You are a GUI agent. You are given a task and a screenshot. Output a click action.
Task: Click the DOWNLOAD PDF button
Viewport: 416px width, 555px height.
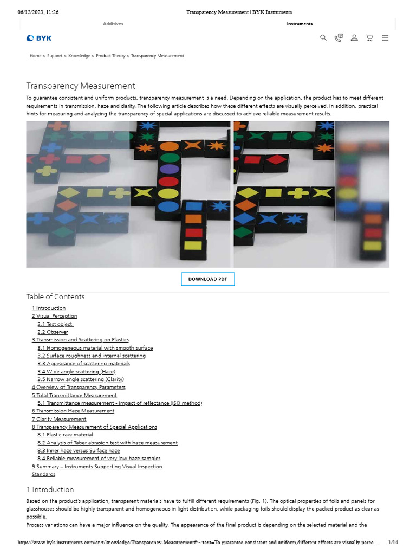tap(207, 279)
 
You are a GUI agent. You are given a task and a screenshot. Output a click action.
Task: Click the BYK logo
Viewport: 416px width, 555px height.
tap(39, 38)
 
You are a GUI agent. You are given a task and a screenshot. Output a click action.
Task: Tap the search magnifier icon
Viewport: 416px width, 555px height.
tap(323, 38)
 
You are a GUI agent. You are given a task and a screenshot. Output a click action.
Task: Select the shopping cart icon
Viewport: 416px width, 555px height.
tap(369, 38)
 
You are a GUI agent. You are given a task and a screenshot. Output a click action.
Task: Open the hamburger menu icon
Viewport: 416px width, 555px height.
tap(385, 38)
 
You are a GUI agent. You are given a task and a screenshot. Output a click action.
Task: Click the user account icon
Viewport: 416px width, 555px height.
tap(354, 38)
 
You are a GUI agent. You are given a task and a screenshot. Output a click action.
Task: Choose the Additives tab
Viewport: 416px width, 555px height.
tap(113, 24)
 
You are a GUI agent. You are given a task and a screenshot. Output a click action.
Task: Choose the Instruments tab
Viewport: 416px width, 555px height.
tap(300, 24)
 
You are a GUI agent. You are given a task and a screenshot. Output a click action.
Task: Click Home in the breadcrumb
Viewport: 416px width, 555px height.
tap(35, 56)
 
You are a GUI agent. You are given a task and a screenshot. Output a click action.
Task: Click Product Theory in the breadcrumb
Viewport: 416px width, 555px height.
tap(110, 56)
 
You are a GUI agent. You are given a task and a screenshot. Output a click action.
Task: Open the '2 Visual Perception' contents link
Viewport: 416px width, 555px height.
tap(54, 316)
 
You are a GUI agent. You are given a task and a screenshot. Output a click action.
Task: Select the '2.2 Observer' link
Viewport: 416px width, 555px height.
tap(53, 332)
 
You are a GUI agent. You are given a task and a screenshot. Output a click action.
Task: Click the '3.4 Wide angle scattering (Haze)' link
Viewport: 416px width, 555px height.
tap(76, 372)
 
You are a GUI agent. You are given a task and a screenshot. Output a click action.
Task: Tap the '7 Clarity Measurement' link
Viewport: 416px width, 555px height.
tap(59, 419)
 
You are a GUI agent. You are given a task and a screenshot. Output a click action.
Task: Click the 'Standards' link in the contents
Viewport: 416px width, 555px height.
tap(43, 474)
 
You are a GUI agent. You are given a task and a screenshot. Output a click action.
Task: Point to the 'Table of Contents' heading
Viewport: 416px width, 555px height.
tap(55, 296)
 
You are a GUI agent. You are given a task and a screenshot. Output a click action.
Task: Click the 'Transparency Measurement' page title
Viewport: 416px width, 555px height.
tap(81, 86)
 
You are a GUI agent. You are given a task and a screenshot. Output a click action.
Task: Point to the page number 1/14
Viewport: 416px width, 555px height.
tap(393, 543)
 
